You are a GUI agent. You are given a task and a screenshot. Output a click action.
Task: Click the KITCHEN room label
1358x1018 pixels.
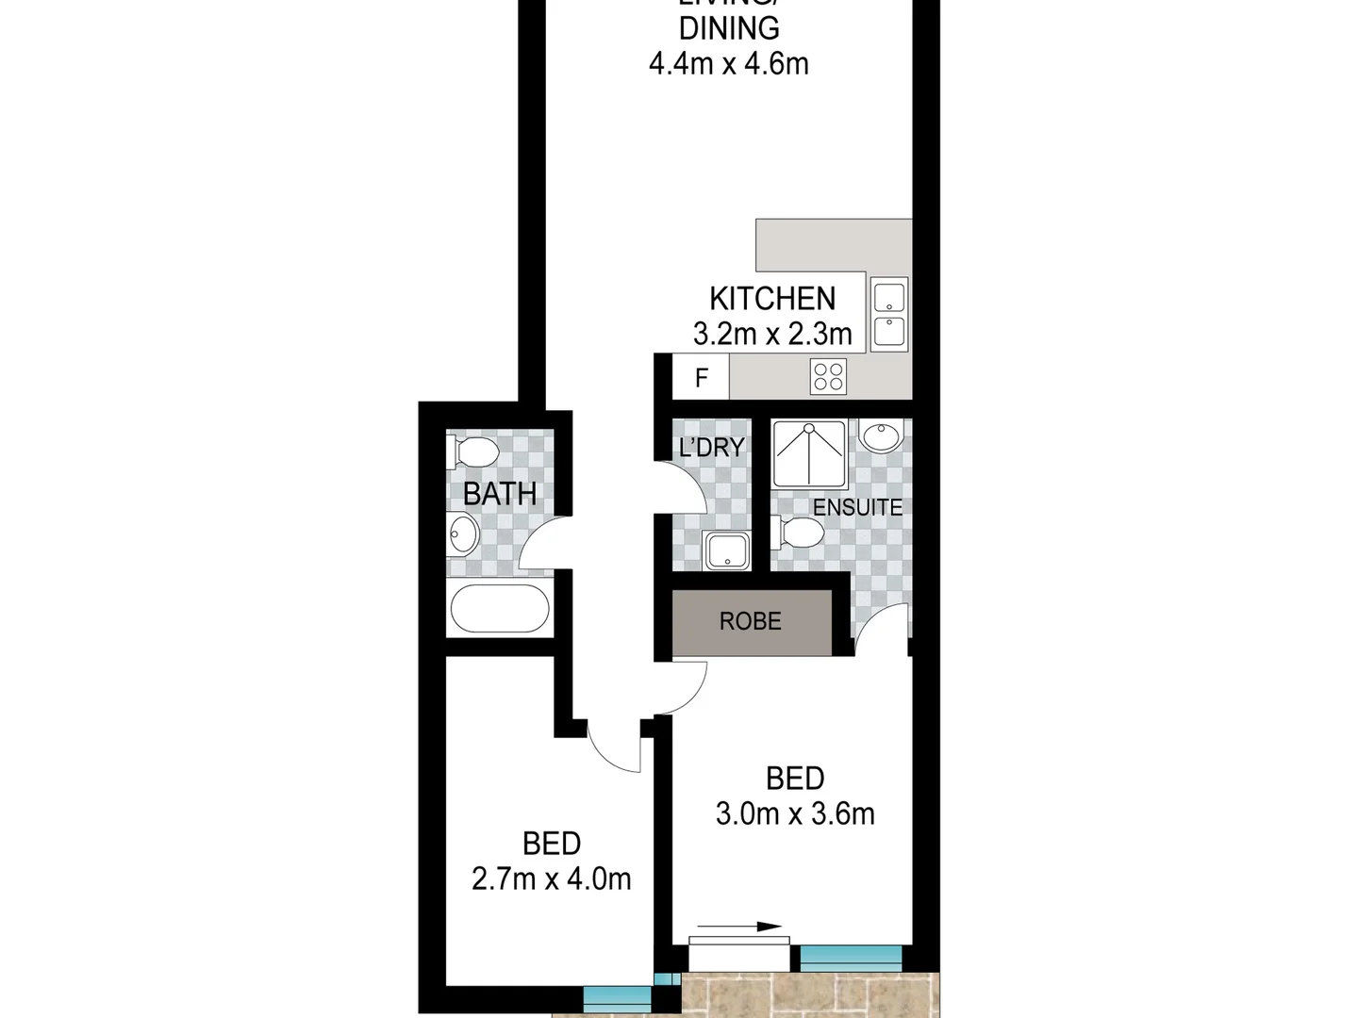tap(772, 299)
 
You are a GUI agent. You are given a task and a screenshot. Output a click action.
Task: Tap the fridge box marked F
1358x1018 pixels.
tap(701, 378)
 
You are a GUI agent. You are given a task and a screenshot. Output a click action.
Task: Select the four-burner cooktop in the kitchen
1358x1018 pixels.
tap(829, 376)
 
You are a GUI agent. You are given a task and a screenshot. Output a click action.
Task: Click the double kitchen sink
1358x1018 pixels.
tap(889, 315)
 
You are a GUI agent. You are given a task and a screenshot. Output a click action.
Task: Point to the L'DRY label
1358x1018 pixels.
tap(712, 448)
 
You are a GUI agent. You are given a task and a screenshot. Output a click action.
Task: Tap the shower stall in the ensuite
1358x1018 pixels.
tap(809, 453)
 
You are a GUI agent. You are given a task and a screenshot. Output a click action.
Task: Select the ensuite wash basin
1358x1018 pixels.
tap(882, 436)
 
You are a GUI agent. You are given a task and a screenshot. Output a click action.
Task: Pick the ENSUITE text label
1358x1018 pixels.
tap(857, 507)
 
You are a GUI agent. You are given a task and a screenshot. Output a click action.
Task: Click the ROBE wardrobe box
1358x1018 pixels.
tap(752, 622)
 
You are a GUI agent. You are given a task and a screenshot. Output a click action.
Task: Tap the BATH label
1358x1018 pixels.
tap(500, 494)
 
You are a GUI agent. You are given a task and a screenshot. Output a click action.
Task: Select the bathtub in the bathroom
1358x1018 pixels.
tap(500, 609)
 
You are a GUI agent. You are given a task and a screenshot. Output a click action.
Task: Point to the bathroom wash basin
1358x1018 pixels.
tap(464, 534)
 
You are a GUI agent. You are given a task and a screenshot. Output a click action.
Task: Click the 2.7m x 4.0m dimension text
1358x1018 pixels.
tap(552, 879)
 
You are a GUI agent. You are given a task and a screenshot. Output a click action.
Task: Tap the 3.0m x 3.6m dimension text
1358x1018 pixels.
tap(795, 813)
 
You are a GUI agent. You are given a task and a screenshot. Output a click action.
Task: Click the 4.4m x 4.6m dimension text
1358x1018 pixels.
tap(729, 64)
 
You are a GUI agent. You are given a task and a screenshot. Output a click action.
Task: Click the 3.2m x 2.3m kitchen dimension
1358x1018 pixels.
tap(772, 334)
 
